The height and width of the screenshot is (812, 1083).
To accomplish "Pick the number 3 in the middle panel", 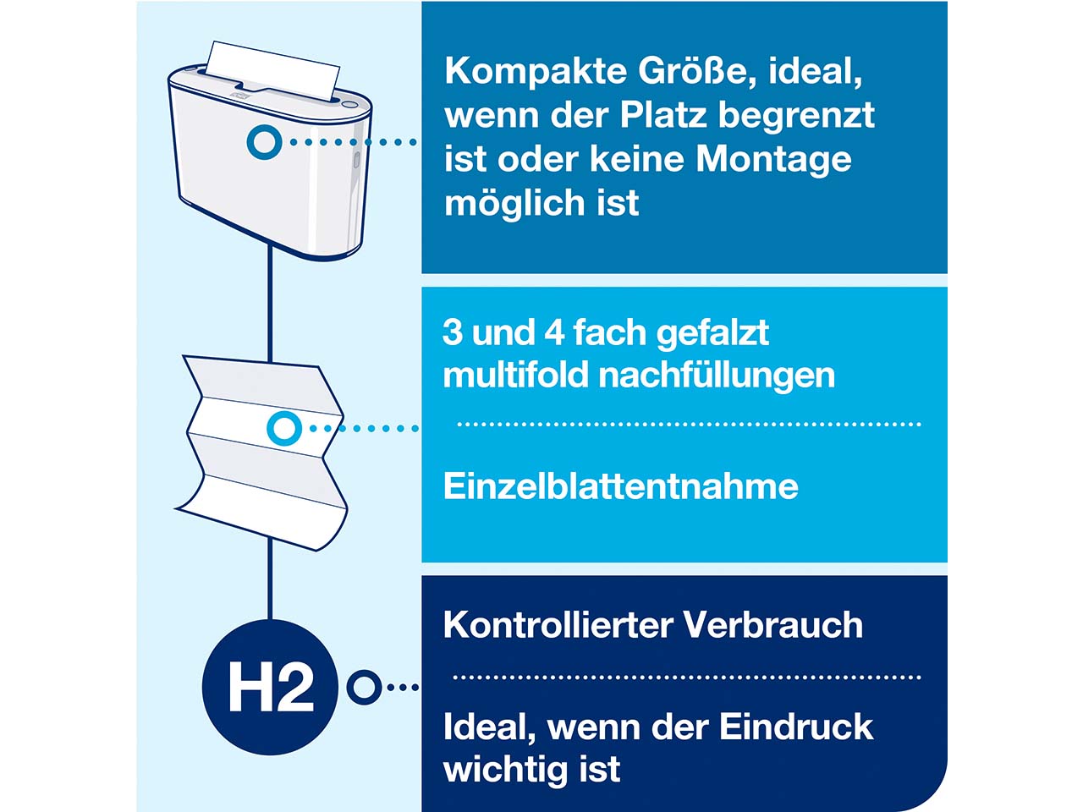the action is pyautogui.click(x=453, y=332).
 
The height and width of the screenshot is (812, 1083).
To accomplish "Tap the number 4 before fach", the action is pyautogui.click(x=554, y=332).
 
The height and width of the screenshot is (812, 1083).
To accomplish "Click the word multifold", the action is pyautogui.click(x=515, y=376).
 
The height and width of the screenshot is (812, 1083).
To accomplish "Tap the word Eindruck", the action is pyautogui.click(x=796, y=727).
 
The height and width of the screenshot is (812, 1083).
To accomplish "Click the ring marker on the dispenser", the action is pyautogui.click(x=265, y=142).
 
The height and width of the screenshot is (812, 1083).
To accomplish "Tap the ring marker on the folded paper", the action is pyautogui.click(x=284, y=428).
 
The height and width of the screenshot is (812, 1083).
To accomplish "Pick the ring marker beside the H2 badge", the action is pyautogui.click(x=365, y=687).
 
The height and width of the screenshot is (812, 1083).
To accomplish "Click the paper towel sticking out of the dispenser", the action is pyautogui.click(x=272, y=69).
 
